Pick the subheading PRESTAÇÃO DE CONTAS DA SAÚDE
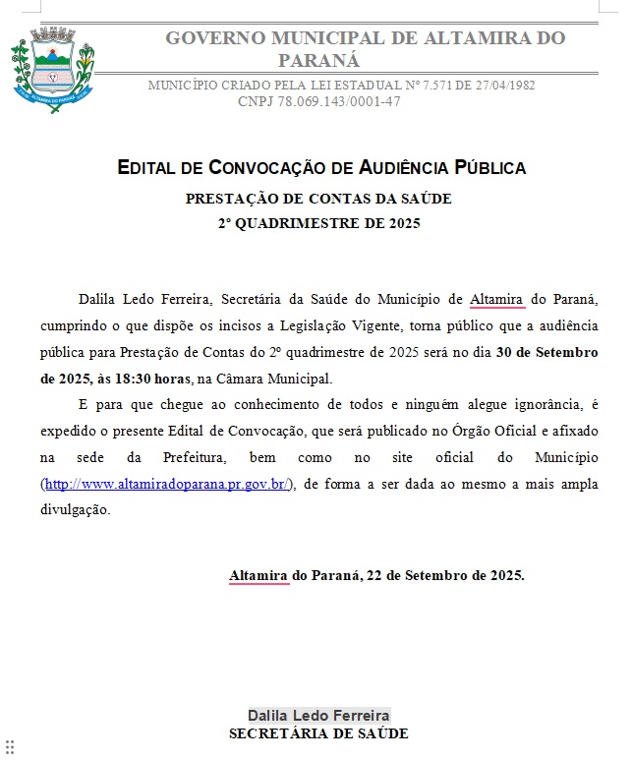tap(318, 199)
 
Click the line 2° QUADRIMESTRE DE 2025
tap(318, 223)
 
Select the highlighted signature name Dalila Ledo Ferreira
tap(318, 715)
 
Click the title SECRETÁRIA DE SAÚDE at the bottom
tap(318, 733)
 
